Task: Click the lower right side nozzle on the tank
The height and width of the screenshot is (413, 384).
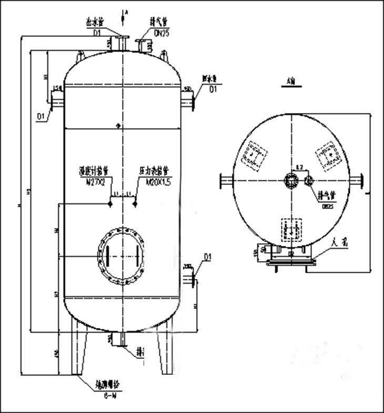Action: [189, 274]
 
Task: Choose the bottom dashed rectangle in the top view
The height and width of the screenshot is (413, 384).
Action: [290, 230]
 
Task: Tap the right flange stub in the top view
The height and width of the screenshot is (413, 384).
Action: [359, 180]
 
